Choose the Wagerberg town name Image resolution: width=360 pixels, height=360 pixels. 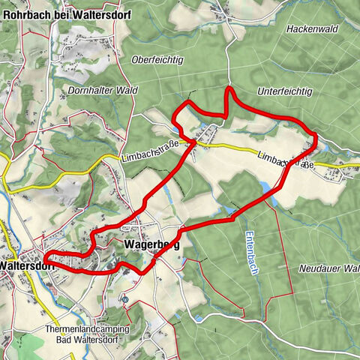[x=149, y=244]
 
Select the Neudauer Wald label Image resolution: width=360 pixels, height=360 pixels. [x=328, y=268]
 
